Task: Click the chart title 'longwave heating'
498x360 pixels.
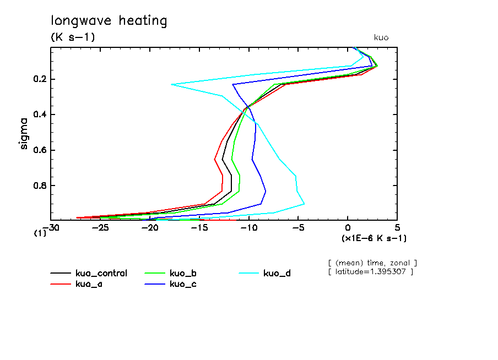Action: click(109, 21)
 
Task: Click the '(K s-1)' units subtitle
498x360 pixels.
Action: click(73, 37)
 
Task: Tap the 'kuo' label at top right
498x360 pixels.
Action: click(381, 37)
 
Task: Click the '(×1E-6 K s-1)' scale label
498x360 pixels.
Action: click(374, 238)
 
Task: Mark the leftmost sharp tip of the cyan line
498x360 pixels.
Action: click(171, 84)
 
